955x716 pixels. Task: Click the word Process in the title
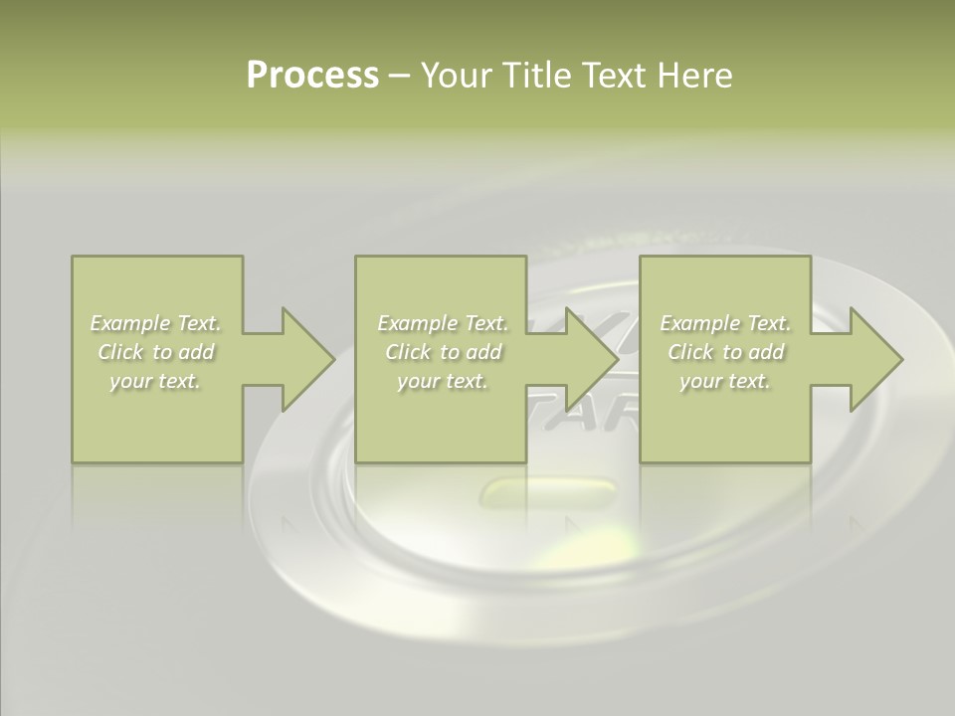312,76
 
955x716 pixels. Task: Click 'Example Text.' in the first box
156,323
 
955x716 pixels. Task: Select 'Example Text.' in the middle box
443,323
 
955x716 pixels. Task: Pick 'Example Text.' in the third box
725,323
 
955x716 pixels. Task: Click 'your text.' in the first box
155,381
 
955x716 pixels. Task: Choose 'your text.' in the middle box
442,381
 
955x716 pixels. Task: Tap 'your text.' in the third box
724,381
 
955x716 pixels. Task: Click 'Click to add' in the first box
156,352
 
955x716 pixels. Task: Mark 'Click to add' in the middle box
443,352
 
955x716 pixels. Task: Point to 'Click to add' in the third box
725,352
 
